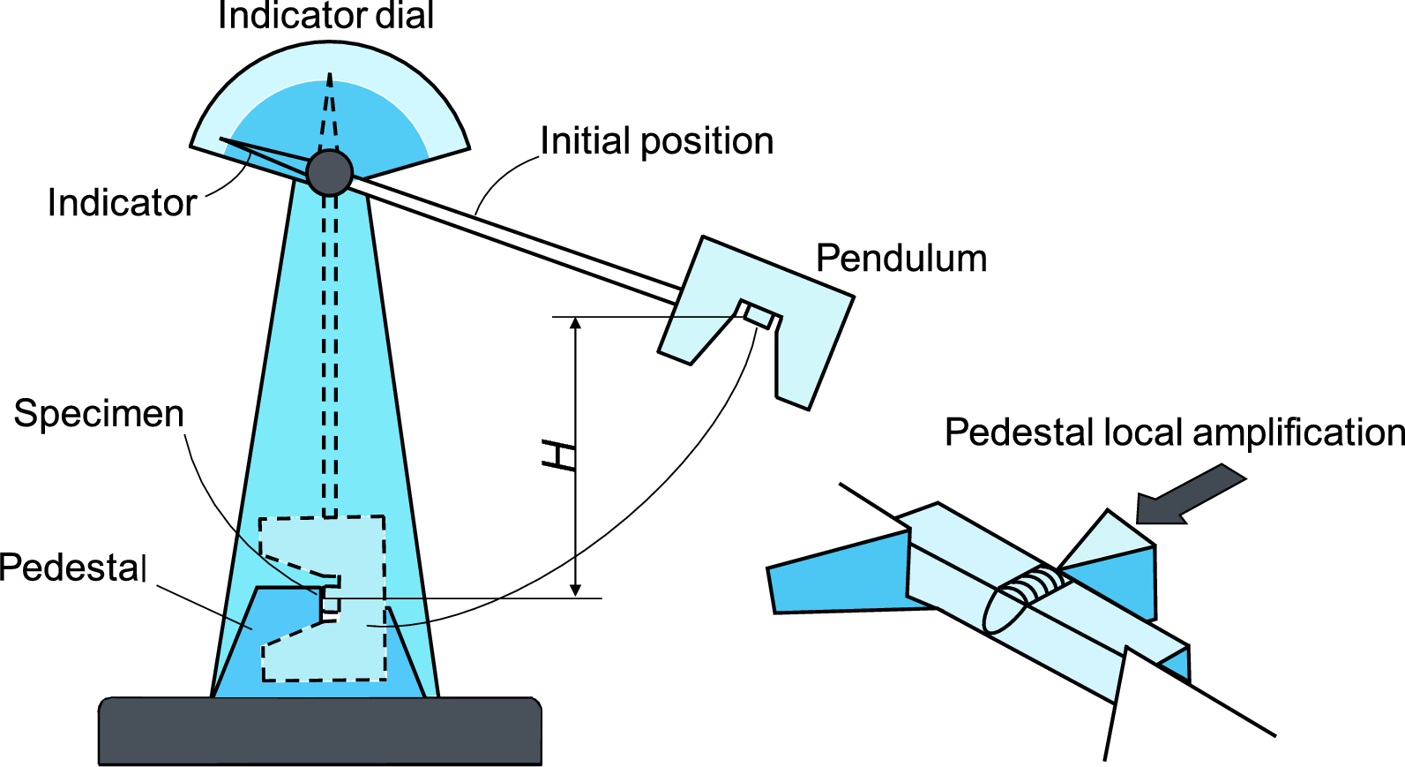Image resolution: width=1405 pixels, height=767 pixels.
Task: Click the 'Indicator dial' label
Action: pyautogui.click(x=325, y=16)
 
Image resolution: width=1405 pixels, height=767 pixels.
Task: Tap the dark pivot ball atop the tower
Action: pyautogui.click(x=330, y=172)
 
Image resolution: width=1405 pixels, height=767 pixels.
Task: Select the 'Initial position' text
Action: pyautogui.click(x=656, y=141)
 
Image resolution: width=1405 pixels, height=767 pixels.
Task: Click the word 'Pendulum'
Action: pyautogui.click(x=901, y=259)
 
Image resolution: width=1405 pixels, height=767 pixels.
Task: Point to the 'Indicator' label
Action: pyautogui.click(x=122, y=203)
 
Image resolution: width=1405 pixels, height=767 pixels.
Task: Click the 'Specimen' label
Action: pyautogui.click(x=99, y=414)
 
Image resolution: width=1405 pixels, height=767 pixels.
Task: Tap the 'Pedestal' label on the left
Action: pyautogui.click(x=73, y=568)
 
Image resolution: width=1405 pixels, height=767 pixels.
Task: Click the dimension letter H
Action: pyautogui.click(x=559, y=455)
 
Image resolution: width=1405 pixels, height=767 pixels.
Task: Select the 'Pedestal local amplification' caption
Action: pyautogui.click(x=1173, y=433)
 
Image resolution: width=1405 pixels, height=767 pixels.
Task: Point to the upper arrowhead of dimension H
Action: pyautogui.click(x=576, y=323)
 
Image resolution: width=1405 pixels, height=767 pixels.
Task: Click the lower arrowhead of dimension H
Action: pyautogui.click(x=576, y=590)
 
